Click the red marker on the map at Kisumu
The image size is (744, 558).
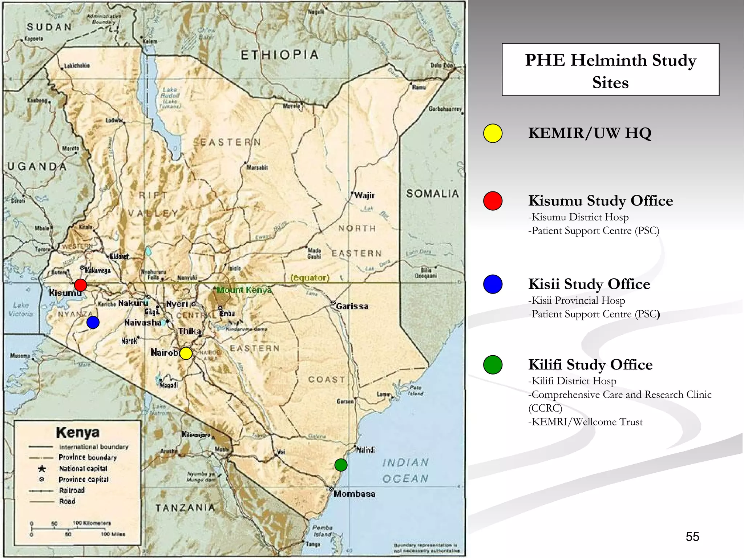pos(80,285)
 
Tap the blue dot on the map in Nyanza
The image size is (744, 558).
pos(93,322)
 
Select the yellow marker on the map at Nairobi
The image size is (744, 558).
pos(186,353)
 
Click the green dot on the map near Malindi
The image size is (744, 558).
pos(341,465)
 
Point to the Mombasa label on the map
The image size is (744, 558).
pos(354,494)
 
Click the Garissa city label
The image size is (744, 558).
pos(352,307)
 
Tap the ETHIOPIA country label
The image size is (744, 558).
pos(279,55)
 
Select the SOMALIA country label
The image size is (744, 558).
pos(432,194)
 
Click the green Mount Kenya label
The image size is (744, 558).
pos(244,290)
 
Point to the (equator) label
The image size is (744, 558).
pos(310,278)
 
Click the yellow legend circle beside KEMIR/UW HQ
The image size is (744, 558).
pos(493,133)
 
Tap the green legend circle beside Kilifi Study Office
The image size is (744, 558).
pos(493,365)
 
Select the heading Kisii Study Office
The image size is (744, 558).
pos(589,284)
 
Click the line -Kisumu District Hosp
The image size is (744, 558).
pos(578,217)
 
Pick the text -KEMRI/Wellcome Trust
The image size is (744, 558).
pos(585,422)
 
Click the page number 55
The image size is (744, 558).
pos(692,537)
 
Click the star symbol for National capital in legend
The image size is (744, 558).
pos(42,469)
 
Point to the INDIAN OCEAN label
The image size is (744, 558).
pos(405,471)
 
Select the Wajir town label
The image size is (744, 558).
pos(364,195)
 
